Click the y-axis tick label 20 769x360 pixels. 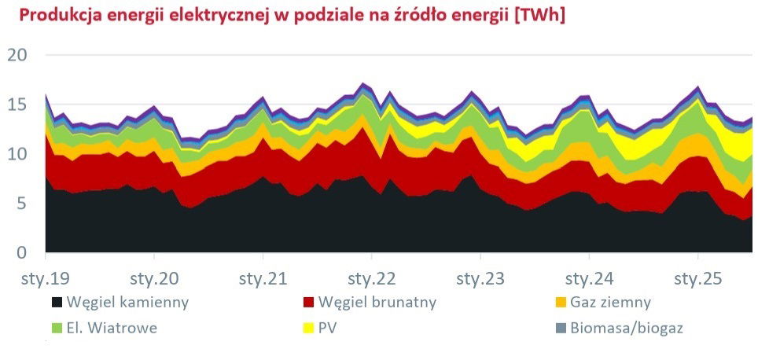pos(17,55)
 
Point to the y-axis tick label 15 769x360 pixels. pos(17,105)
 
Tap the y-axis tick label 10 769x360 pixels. pos(17,154)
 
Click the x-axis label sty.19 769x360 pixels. pos(45,278)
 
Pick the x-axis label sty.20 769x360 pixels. pos(153,278)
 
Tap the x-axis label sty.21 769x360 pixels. pos(263,278)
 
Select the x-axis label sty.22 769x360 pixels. pos(371,278)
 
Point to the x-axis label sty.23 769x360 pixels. pos(480,278)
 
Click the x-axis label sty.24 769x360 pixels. pos(589,278)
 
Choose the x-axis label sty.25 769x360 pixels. pos(698,278)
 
